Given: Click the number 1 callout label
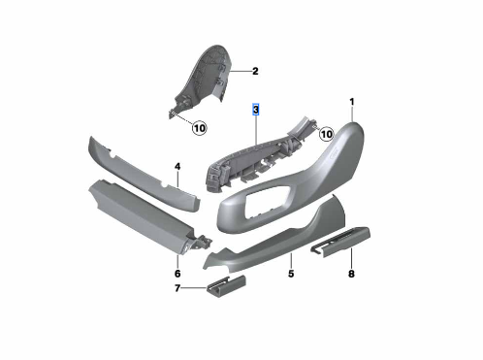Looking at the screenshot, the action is click(352, 101).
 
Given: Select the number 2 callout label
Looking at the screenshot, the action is click(255, 71).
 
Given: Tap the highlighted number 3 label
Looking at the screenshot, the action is click(256, 112).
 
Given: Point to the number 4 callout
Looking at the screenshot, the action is click(178, 167).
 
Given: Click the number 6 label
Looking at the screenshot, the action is click(177, 259).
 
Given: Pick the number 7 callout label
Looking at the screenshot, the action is click(178, 288).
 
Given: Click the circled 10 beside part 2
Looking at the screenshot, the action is click(198, 127).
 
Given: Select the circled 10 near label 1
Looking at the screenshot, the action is click(327, 134).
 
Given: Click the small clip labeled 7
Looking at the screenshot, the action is click(223, 286).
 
